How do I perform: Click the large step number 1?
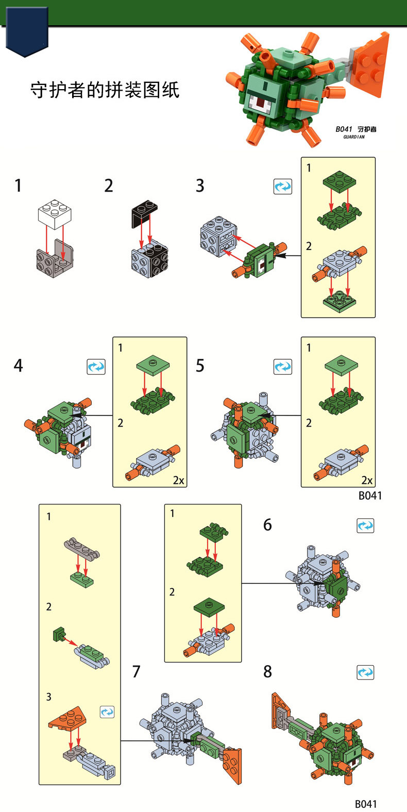(x=19, y=185)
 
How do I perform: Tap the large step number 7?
(x=136, y=672)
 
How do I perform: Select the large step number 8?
(x=267, y=672)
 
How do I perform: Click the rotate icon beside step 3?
(x=282, y=187)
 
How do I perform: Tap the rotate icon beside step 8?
(x=365, y=672)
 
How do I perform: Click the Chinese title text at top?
(x=105, y=90)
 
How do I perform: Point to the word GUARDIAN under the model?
(x=354, y=138)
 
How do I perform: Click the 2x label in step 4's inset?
(x=178, y=480)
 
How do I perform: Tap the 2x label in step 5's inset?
(x=367, y=480)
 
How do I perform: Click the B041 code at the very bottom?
(x=366, y=804)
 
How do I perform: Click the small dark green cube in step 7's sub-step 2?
(x=58, y=634)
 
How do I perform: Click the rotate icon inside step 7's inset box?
(x=107, y=712)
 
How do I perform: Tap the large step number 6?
(x=267, y=525)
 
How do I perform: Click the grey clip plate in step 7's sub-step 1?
(x=81, y=549)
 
